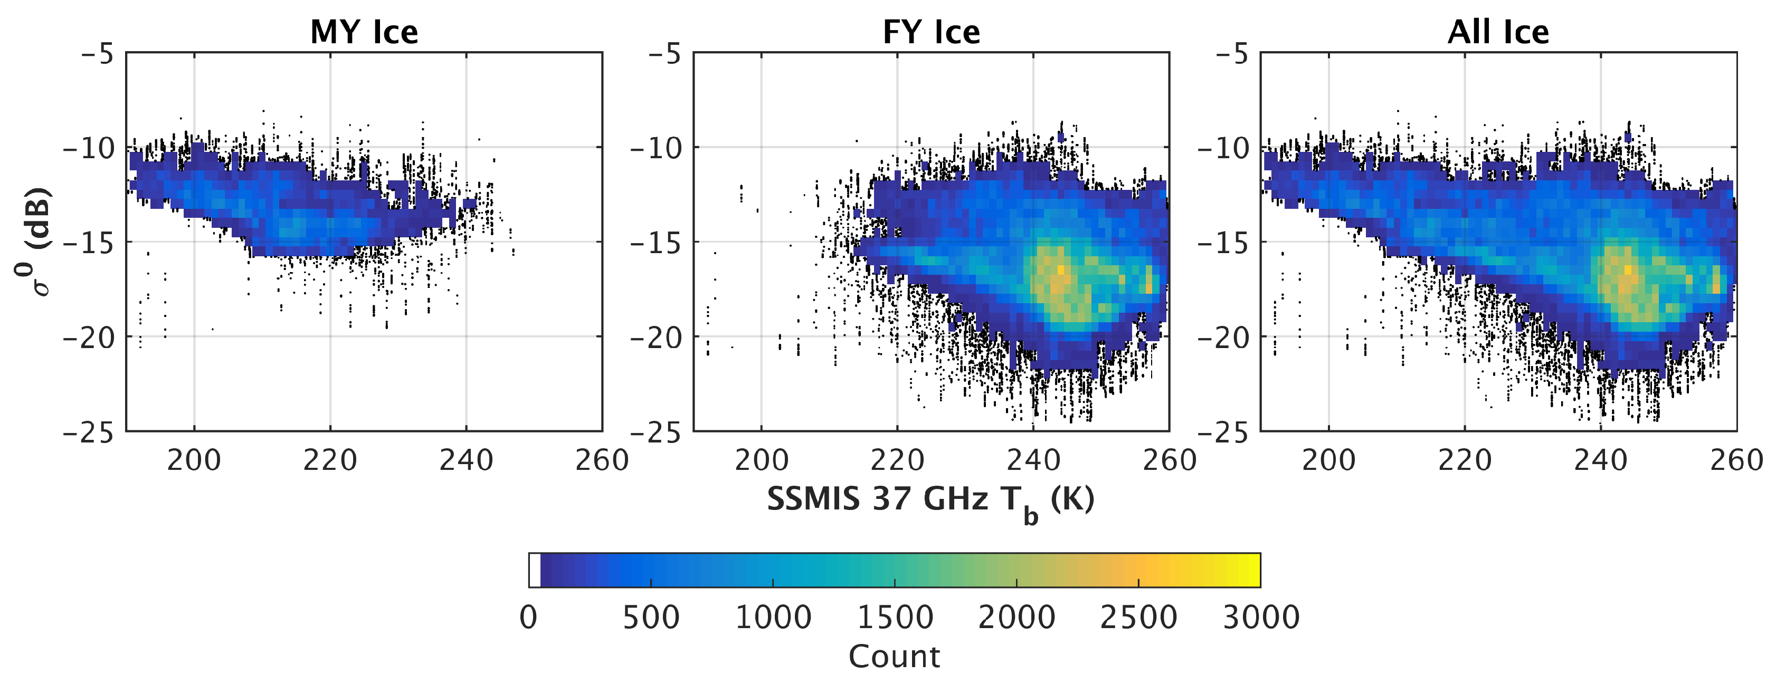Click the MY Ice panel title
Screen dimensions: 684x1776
click(x=364, y=32)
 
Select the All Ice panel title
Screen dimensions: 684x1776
click(x=1498, y=32)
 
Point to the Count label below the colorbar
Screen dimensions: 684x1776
click(x=894, y=657)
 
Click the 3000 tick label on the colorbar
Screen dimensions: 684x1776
click(x=1260, y=617)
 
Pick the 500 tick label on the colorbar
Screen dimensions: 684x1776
click(x=651, y=617)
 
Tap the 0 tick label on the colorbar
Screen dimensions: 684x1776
click(x=528, y=617)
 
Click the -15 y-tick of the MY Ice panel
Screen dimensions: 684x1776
click(x=88, y=243)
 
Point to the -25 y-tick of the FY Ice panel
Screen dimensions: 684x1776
click(x=656, y=432)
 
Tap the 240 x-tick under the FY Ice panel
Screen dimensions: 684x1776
click(x=1033, y=460)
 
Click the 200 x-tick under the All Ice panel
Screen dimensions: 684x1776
click(x=1328, y=460)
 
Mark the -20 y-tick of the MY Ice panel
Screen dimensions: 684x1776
click(x=88, y=338)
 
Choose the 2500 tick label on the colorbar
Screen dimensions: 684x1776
click(x=1138, y=617)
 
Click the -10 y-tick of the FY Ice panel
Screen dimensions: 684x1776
click(x=656, y=148)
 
